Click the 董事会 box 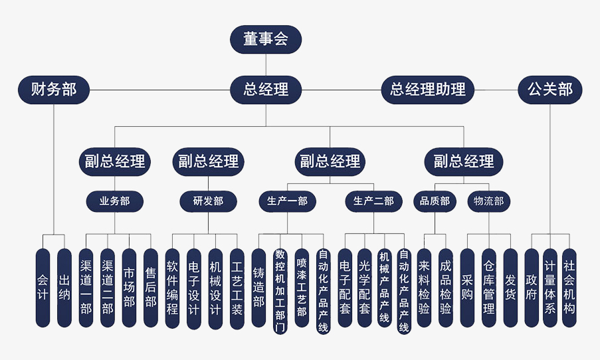[266, 39]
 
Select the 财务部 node [54, 89]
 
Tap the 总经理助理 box [428, 89]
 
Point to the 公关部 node [550, 89]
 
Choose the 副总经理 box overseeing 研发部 [209, 161]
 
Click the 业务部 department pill [114, 201]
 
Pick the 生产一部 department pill [287, 201]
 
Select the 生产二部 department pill [373, 201]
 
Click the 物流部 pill [489, 201]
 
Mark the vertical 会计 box [43, 288]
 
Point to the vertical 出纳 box [64, 288]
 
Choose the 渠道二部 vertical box [108, 288]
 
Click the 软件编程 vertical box [172, 288]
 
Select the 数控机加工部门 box [280, 291]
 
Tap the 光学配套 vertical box [364, 288]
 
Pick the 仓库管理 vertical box [489, 288]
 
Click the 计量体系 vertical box [550, 288]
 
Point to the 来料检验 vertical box [424, 288]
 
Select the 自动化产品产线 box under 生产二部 [404, 291]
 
